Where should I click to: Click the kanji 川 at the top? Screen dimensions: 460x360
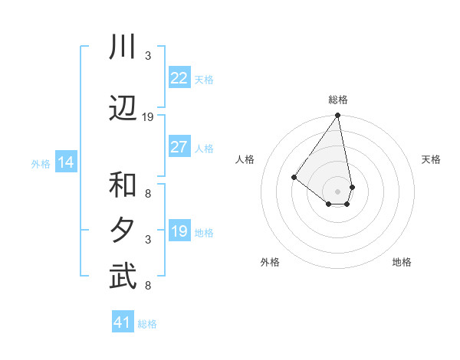(123, 47)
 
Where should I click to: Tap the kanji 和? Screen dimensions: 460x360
(123, 185)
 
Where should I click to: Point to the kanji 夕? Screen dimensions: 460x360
(123, 231)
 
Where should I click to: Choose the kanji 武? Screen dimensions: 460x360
(123, 277)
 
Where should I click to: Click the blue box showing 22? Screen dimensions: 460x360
(179, 78)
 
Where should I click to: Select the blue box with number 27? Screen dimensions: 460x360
(179, 147)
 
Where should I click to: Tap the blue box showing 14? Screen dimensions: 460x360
(66, 162)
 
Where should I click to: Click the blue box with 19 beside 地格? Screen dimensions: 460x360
(179, 231)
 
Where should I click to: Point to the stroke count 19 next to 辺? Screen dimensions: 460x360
(148, 117)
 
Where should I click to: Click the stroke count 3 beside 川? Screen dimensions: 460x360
(148, 56)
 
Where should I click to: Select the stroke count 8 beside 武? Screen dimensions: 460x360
(148, 286)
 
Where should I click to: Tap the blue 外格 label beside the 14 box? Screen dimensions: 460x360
(41, 163)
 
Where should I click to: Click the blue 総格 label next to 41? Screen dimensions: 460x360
(147, 324)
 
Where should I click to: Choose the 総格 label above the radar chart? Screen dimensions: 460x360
(338, 100)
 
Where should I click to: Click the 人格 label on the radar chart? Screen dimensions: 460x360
(245, 159)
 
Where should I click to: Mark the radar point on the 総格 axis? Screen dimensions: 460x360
(338, 116)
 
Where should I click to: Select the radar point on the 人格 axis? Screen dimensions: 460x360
(294, 178)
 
